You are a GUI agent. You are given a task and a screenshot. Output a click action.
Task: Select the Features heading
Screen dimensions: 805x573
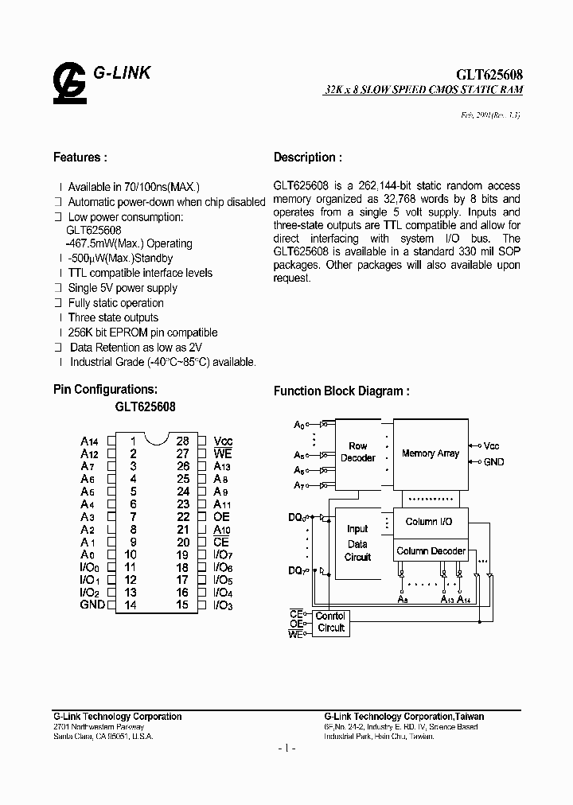pyautogui.click(x=80, y=157)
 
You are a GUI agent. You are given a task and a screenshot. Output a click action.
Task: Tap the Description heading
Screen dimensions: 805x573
pyautogui.click(x=309, y=157)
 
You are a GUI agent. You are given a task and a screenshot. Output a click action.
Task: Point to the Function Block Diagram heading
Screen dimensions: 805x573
pyautogui.click(x=341, y=391)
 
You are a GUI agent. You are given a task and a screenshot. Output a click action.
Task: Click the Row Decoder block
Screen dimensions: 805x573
pyautogui.click(x=358, y=453)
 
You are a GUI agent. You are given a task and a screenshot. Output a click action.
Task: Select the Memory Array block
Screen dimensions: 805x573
pyautogui.click(x=430, y=453)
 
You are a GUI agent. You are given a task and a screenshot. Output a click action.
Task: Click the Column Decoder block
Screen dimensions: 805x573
pyautogui.click(x=431, y=550)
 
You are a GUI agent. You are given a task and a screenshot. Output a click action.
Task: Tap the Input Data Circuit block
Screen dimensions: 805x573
pyautogui.click(x=357, y=542)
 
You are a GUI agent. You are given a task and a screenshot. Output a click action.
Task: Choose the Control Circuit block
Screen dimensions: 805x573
pyautogui.click(x=330, y=622)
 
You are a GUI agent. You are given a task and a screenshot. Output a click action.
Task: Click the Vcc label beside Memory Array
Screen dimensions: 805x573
pyautogui.click(x=492, y=445)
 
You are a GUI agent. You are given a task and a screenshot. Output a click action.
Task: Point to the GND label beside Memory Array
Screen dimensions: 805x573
pyautogui.click(x=493, y=461)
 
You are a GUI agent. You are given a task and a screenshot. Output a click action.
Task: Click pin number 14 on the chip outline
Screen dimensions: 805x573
pyautogui.click(x=132, y=605)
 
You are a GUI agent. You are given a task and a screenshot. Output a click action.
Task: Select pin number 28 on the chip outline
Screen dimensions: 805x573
pyautogui.click(x=183, y=441)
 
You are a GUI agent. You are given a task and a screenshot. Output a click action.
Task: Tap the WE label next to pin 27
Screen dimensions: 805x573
pyautogui.click(x=223, y=453)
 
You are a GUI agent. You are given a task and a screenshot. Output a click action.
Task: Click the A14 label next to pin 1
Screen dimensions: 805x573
pyautogui.click(x=89, y=441)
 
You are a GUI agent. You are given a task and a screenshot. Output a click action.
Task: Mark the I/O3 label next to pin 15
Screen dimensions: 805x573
pyautogui.click(x=223, y=605)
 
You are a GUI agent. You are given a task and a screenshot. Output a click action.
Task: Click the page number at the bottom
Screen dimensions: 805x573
pyautogui.click(x=286, y=749)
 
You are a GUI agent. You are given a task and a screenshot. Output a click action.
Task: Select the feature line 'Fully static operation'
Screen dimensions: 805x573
pyautogui.click(x=115, y=303)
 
